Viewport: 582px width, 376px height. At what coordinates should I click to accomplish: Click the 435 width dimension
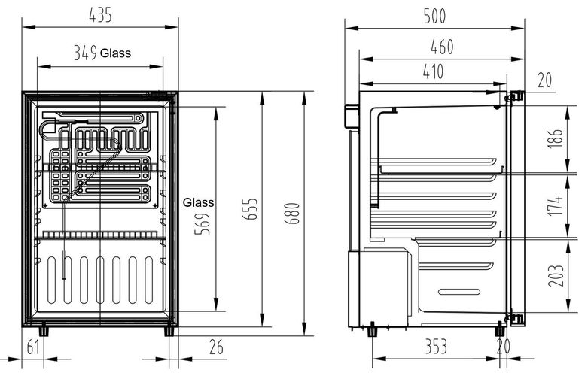tap(100, 15)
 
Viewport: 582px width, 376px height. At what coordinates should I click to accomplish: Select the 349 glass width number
tap(85, 53)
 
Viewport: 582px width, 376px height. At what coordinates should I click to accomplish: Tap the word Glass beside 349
tap(115, 53)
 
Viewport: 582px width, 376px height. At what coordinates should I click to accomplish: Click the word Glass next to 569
tap(198, 202)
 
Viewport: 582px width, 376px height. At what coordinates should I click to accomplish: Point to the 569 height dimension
tap(203, 223)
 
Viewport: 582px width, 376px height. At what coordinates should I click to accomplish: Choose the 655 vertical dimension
tap(251, 209)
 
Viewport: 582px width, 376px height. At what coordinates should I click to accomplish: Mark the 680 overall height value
tap(292, 214)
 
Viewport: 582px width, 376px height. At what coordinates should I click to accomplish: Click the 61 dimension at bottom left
tap(33, 347)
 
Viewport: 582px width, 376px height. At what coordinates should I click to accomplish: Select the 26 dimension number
tap(216, 347)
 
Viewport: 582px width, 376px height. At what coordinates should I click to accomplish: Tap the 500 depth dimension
tap(434, 16)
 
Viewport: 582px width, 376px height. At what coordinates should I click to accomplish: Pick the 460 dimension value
tap(442, 47)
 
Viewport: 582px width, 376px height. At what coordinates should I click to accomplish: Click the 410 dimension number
tap(433, 71)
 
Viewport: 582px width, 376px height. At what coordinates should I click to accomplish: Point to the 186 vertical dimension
tap(556, 138)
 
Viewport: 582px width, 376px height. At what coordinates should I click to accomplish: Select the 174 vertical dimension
tap(556, 205)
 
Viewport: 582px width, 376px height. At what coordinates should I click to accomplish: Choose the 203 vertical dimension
tap(556, 275)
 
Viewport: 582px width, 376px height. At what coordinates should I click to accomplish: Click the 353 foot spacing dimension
tap(436, 347)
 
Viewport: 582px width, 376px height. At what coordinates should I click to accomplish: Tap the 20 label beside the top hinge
tap(545, 80)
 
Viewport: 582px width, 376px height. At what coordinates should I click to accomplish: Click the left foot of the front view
tap(44, 329)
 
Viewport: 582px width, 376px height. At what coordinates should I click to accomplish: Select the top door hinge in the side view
tap(515, 97)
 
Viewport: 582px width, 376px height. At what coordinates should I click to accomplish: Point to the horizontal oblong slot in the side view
tap(459, 292)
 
